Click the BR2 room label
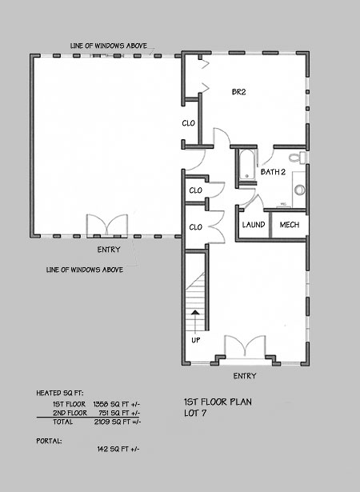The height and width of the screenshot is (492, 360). point(238,92)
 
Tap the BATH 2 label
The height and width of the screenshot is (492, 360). point(273,172)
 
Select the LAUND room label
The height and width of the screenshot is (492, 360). point(254,225)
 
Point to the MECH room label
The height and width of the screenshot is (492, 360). point(290,225)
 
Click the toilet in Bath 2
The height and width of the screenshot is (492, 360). point(297,158)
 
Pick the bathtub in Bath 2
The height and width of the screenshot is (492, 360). point(247,165)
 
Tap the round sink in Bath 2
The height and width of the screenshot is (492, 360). point(300,190)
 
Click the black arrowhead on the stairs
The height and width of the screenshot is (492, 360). point(195,313)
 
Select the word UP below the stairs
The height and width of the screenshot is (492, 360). point(196,340)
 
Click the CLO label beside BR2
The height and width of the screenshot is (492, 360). point(188,123)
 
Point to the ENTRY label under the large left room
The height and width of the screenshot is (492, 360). point(109,250)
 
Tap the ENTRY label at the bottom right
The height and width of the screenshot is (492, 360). point(245,376)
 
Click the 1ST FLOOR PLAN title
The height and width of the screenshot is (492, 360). point(218,402)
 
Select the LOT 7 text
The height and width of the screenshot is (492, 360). point(195,414)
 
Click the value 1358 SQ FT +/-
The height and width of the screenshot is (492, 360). point(117,404)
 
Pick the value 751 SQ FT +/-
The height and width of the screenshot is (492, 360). point(119,413)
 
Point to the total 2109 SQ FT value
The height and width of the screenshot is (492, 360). point(118,422)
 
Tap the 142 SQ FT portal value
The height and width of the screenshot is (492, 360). point(118,449)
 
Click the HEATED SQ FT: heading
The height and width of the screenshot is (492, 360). point(60,393)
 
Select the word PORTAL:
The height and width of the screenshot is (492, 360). point(49,441)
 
